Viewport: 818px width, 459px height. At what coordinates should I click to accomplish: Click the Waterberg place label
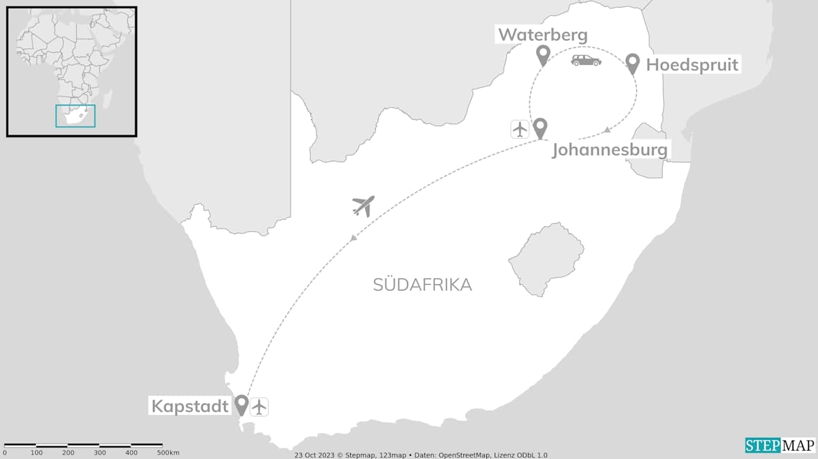coord(543,35)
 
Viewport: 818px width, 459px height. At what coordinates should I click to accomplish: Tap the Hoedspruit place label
coord(692,65)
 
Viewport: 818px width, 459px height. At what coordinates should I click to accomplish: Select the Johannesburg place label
coord(610,150)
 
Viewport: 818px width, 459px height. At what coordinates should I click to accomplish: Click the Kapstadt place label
coord(190,405)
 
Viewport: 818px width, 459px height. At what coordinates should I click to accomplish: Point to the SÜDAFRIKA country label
coord(422,285)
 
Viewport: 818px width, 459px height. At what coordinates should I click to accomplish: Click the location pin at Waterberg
coord(543,56)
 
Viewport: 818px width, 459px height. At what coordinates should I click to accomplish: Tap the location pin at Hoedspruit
coord(633,63)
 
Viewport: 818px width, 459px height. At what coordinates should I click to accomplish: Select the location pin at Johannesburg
coord(541,128)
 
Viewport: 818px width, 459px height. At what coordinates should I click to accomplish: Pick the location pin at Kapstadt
coord(241,404)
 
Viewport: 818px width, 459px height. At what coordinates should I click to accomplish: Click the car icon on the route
coord(586,60)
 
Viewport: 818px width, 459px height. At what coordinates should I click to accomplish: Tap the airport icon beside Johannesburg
coord(520,129)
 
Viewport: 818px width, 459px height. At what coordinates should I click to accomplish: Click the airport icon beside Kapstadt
coord(259,407)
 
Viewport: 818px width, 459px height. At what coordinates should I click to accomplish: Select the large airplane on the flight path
coord(363,206)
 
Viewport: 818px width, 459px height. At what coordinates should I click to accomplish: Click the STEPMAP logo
coord(780,445)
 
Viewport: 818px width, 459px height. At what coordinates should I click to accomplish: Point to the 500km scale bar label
coord(168,453)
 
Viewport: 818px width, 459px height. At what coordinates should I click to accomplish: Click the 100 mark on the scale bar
coord(36,453)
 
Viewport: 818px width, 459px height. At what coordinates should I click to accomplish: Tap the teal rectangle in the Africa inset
coord(75,116)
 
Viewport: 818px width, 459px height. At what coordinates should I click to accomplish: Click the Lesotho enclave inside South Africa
coord(546,258)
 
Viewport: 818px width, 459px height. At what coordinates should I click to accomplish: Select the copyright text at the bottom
coord(421,455)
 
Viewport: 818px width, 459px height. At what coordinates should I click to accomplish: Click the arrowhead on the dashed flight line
coord(353,239)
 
